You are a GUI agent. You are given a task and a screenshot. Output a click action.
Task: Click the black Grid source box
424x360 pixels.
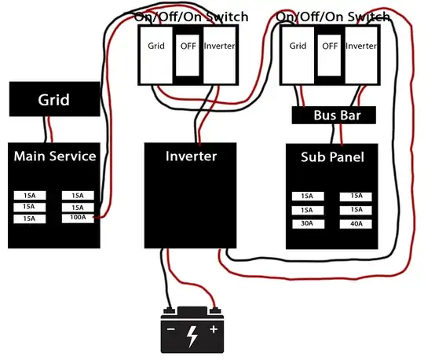[x=54, y=100]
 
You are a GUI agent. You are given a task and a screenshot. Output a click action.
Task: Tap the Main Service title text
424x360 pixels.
[x=54, y=156]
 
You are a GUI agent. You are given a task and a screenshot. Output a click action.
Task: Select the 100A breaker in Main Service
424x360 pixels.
[x=78, y=217]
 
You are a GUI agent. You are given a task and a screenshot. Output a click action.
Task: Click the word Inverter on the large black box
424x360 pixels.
[x=191, y=156]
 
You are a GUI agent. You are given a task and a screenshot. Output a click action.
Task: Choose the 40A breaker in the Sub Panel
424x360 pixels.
[x=356, y=224]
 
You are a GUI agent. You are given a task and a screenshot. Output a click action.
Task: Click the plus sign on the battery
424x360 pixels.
[x=213, y=329]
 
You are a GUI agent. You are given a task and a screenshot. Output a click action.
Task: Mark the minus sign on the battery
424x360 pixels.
[x=170, y=329]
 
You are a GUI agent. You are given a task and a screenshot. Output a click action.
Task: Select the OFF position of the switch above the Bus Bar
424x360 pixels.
[x=330, y=46]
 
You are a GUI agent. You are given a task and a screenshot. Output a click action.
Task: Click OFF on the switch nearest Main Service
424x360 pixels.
[x=188, y=46]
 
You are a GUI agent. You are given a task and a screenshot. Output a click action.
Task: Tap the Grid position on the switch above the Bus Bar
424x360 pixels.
[x=298, y=46]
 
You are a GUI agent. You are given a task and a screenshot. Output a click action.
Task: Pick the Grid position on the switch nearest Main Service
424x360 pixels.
[x=156, y=46]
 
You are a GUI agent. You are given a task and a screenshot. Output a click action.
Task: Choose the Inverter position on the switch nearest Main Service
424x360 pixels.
[x=219, y=46]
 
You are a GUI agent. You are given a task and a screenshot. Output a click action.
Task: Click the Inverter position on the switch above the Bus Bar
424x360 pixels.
[x=362, y=46]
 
